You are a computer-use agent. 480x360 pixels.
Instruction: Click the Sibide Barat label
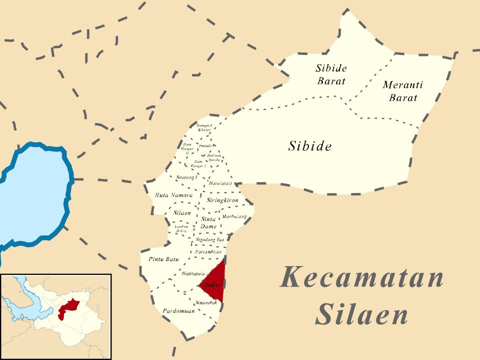tap(331, 74)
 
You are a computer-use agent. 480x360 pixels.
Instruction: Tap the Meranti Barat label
tap(402, 91)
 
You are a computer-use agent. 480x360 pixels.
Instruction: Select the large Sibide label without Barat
tap(310, 146)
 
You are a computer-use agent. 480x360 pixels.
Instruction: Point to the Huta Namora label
tap(173, 195)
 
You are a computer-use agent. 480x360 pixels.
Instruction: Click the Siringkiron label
tap(222, 200)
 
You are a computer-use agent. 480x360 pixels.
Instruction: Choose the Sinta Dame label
tap(208, 223)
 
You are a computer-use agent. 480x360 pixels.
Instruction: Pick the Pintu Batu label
tap(163, 259)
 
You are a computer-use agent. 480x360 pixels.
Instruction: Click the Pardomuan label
tap(178, 310)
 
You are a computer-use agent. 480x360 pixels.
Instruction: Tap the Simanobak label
tap(206, 302)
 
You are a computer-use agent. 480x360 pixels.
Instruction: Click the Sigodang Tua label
tap(209, 240)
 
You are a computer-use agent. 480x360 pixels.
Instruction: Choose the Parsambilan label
tap(208, 252)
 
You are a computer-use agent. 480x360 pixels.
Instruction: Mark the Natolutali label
tap(220, 183)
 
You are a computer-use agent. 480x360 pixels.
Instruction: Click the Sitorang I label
tap(187, 177)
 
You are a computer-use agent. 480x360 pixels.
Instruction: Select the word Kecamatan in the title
tap(361, 277)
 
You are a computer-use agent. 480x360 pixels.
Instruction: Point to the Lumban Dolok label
tap(180, 229)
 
